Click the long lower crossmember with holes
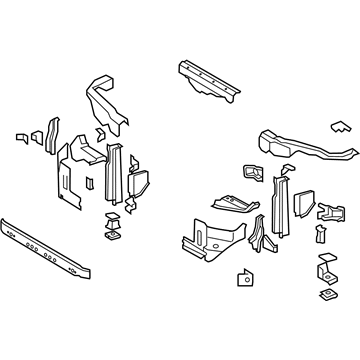coord(50,244)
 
